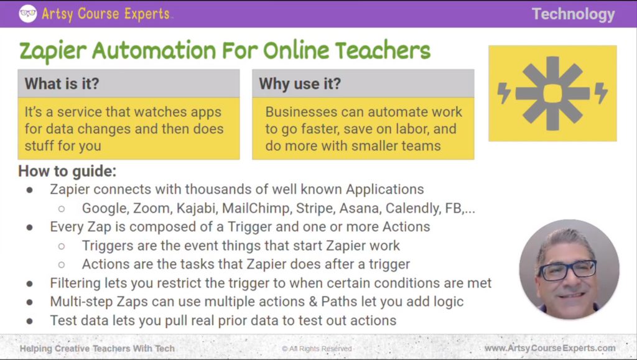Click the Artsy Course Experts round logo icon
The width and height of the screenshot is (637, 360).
click(x=28, y=14)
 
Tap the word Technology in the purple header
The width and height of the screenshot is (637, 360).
click(x=573, y=14)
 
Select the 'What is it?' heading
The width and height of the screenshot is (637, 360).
click(x=63, y=83)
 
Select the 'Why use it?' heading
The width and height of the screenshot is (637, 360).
click(x=300, y=83)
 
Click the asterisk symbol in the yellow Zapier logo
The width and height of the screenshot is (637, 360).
click(x=552, y=93)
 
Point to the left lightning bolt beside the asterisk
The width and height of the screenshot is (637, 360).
click(x=504, y=93)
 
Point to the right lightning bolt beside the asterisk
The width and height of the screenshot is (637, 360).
click(x=601, y=93)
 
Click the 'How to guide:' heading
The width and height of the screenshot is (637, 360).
click(x=67, y=171)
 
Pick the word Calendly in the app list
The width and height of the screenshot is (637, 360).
click(x=399, y=208)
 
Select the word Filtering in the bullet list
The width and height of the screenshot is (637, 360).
click(x=75, y=284)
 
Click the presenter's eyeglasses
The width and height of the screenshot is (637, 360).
click(x=567, y=270)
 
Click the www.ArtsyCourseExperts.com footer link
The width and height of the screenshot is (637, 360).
click(x=550, y=348)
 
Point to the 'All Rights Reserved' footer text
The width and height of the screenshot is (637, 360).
click(x=317, y=349)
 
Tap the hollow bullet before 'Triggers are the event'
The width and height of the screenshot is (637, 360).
click(x=62, y=246)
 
